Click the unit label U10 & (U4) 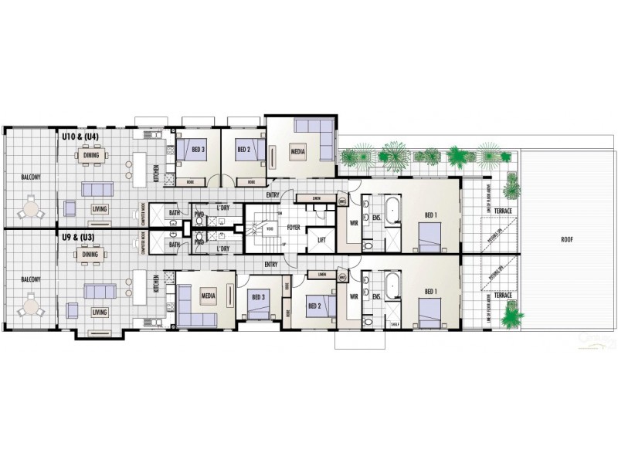click(x=80, y=137)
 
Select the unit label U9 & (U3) click(x=80, y=239)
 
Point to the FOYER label click(x=294, y=228)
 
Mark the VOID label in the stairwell click(x=269, y=228)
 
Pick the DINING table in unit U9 click(x=90, y=255)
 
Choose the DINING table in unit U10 click(x=90, y=155)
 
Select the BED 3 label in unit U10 click(x=199, y=150)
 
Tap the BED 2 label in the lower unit click(x=314, y=306)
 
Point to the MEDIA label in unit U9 click(x=208, y=296)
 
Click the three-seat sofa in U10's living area click(x=98, y=190)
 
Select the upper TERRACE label click(x=504, y=210)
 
